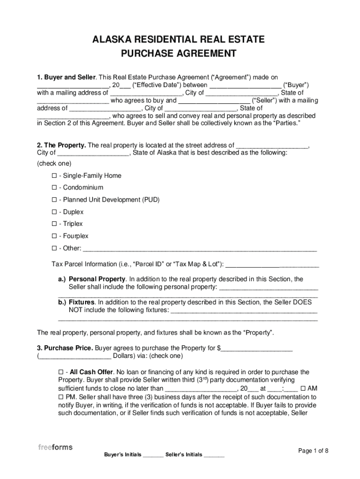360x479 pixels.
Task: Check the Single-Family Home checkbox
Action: point(54,175)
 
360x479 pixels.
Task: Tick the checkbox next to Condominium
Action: point(54,188)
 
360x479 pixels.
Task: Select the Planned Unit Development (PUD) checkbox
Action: point(54,200)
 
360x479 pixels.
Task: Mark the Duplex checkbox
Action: point(54,212)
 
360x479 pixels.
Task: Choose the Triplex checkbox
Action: point(54,224)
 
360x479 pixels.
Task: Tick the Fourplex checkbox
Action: point(54,236)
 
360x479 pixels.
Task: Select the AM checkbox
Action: point(303,388)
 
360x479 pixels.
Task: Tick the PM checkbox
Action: point(54,397)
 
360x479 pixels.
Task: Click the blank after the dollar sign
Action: point(257,349)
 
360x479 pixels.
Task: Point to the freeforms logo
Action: point(55,447)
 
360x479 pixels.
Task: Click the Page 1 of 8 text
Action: point(313,450)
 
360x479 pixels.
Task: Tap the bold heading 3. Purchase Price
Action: point(65,348)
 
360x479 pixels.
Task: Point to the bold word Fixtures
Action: point(82,302)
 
